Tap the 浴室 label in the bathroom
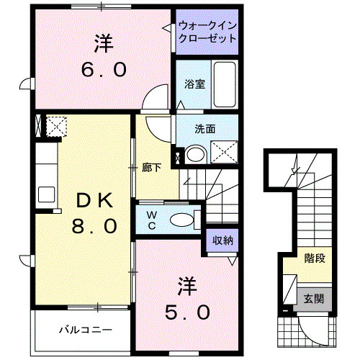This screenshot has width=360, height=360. click(195, 84)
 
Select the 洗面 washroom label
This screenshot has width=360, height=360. click(205, 130)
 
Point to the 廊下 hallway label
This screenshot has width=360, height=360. click(151, 168)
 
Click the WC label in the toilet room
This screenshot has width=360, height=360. click(153, 219)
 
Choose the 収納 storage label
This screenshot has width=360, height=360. click(222, 241)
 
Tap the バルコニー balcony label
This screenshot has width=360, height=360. click(85, 330)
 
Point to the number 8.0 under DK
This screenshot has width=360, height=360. click(94, 227)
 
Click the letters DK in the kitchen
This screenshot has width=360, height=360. click(94, 198)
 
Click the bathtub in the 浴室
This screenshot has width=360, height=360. click(225, 84)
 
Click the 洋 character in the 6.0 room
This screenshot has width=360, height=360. click(102, 43)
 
